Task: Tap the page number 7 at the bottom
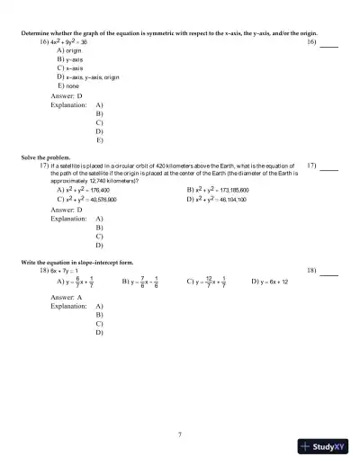pos(180,435)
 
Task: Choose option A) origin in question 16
pos(68,51)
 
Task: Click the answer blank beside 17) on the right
pos(329,168)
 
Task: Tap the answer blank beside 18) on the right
pos(329,273)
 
